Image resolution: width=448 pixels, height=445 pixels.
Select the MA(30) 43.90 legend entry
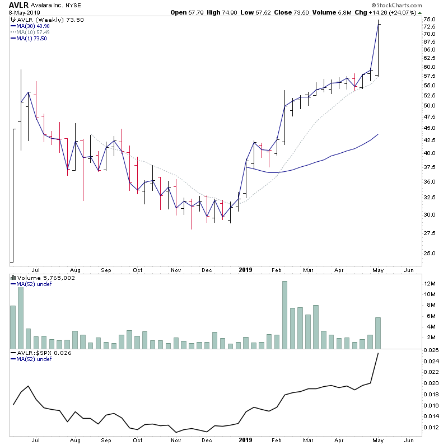(x=33, y=26)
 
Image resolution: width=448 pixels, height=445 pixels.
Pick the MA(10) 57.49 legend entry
(x=33, y=32)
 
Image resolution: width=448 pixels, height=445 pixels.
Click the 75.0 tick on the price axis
(x=430, y=20)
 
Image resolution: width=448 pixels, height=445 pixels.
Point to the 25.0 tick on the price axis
(x=430, y=253)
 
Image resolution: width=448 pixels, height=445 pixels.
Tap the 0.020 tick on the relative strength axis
(x=430, y=383)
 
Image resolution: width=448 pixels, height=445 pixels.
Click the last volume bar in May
(x=379, y=333)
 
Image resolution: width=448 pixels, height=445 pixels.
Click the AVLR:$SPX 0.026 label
(x=35, y=354)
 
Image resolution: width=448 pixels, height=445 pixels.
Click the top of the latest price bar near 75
(x=379, y=20)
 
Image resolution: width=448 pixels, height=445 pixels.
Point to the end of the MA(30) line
(x=379, y=134)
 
